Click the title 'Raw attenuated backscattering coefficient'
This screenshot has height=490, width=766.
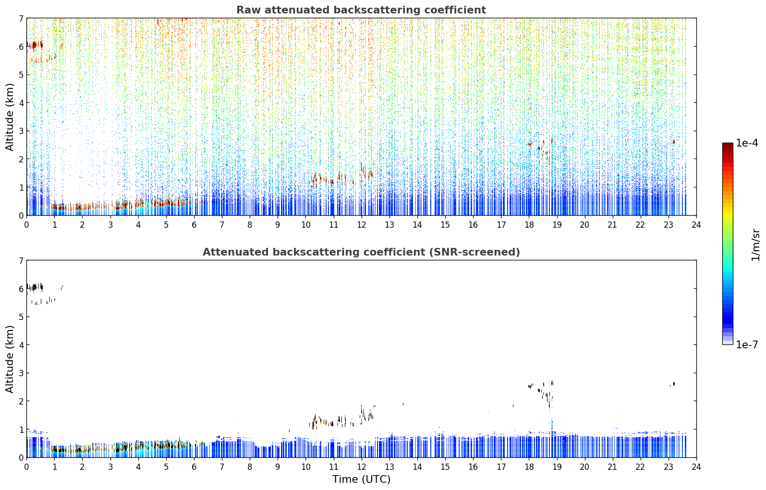point(361,10)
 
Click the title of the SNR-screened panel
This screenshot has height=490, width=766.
point(361,252)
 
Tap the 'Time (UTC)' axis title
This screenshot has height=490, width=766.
point(361,479)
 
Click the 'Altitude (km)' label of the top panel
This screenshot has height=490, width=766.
point(9,117)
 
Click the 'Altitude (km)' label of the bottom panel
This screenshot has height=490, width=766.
point(9,359)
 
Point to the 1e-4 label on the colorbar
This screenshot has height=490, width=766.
point(747,143)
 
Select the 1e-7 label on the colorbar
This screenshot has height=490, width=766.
point(747,344)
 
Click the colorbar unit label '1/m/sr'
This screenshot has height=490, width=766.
point(755,245)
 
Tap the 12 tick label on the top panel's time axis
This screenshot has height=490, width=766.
point(362,225)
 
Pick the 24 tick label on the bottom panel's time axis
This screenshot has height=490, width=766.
point(696,467)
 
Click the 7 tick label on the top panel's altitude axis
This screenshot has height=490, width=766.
point(21,18)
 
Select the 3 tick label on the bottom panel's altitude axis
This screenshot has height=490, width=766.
point(21,373)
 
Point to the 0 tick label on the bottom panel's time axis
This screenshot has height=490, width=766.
point(27,467)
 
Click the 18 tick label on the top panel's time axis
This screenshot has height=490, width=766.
point(529,225)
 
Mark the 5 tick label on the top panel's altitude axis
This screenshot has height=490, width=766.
point(21,74)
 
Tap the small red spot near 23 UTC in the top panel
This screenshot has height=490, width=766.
point(674,142)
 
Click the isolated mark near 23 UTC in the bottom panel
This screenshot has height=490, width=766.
point(673,384)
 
